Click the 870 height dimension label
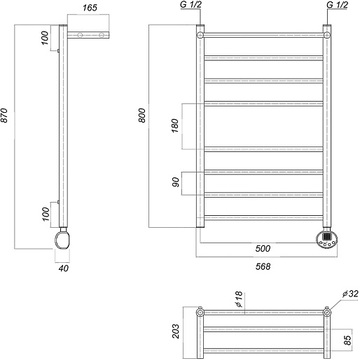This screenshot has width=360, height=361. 5,115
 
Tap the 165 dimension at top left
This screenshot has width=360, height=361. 90,8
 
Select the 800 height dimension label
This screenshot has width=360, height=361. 142,115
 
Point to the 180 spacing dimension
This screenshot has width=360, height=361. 175,125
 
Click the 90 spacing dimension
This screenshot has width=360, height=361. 176,182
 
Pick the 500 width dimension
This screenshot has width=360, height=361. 263,248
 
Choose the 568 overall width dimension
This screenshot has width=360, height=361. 263,266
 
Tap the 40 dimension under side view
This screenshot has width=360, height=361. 64,268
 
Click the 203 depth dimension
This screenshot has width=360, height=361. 176,331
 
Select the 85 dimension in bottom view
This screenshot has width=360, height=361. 347,340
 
